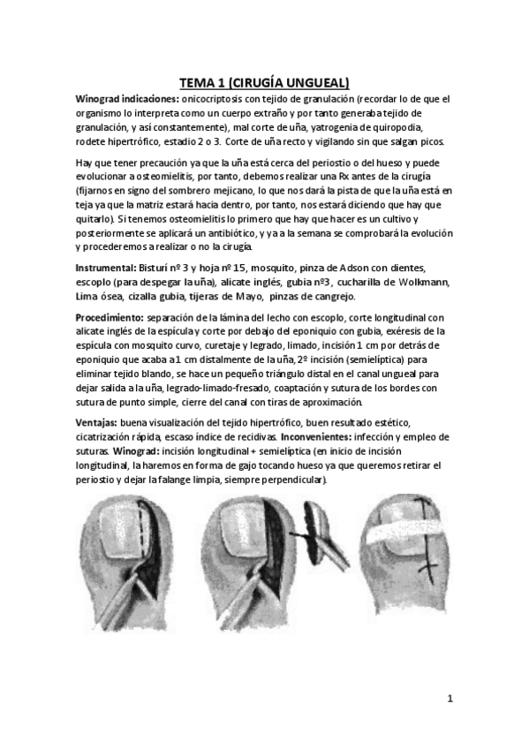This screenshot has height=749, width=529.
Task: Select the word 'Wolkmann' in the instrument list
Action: [x=423, y=281]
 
